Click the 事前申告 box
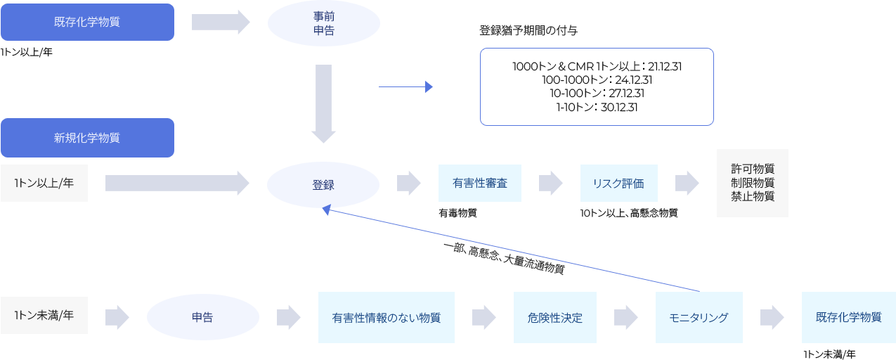(x=323, y=23)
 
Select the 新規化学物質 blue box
(x=87, y=138)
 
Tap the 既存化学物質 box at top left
(x=87, y=22)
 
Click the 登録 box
(x=323, y=185)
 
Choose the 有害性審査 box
(x=479, y=183)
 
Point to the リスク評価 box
(x=618, y=183)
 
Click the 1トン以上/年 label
(x=44, y=183)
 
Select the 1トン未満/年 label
(x=44, y=316)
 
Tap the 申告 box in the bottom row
(x=202, y=317)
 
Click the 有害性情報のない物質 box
(x=386, y=317)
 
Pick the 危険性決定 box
(x=554, y=317)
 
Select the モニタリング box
(x=699, y=317)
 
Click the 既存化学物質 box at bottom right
(x=848, y=317)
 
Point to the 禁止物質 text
(x=752, y=196)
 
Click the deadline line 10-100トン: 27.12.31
(x=597, y=94)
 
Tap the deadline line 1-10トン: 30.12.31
(x=597, y=107)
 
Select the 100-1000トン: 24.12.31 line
(x=597, y=80)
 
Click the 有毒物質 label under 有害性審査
(x=457, y=213)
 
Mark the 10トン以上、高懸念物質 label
(x=628, y=213)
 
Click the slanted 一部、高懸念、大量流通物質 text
(x=504, y=259)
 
